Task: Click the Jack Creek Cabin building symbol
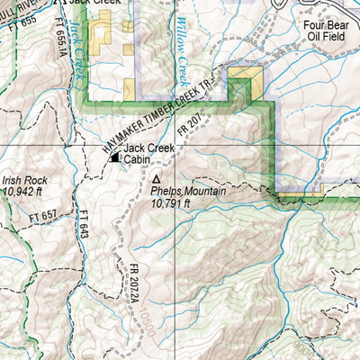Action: (x=114, y=158)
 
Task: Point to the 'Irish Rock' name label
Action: (x=24, y=180)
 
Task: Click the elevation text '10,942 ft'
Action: (x=25, y=192)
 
